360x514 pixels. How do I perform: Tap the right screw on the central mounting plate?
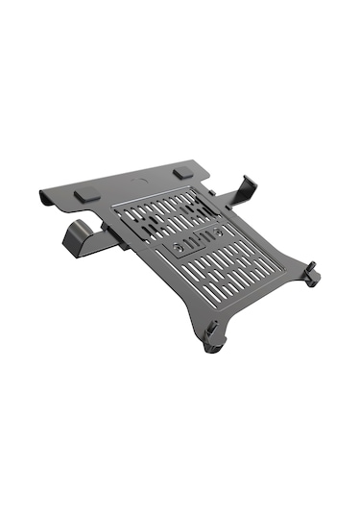[x=219, y=232]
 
